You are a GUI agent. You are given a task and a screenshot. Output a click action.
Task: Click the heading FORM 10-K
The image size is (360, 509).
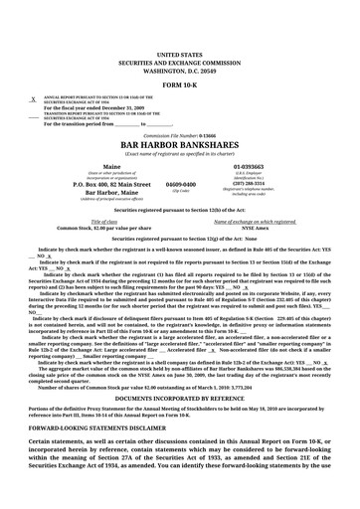point(179,85)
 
